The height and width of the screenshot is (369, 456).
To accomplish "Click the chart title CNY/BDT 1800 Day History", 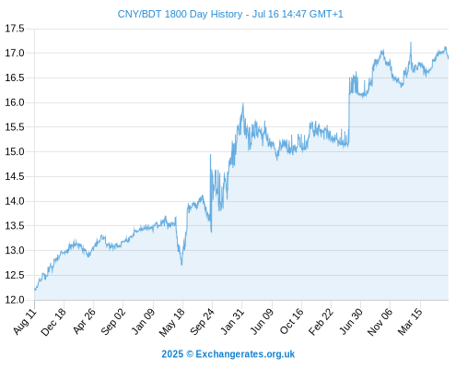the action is [180, 14].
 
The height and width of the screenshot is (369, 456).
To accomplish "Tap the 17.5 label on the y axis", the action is [15, 29].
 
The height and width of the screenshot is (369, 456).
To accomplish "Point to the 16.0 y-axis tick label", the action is [15, 102].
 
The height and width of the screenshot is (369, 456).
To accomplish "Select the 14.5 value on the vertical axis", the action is [15, 176].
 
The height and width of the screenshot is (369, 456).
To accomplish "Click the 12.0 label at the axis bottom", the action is [15, 300].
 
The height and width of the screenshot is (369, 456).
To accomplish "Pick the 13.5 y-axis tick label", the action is [15, 226].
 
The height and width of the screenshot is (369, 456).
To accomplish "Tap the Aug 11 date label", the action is [25, 321].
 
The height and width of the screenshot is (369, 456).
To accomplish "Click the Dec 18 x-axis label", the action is [53, 322].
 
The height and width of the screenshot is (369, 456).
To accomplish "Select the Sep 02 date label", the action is [113, 322].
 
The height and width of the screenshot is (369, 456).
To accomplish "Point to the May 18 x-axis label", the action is [172, 322].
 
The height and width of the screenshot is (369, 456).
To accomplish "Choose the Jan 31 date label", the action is [232, 321].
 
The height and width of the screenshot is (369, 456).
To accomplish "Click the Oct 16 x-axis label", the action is [292, 321].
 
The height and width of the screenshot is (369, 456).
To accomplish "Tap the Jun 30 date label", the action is [351, 321].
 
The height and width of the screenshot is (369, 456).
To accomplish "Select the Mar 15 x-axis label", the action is [410, 322].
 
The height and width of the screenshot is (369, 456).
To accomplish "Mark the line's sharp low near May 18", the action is [181, 265].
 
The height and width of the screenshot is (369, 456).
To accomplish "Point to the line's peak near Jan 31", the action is [243, 104].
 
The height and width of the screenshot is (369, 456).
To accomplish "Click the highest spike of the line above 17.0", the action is [411, 42].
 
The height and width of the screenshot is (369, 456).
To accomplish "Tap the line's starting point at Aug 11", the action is [35, 290].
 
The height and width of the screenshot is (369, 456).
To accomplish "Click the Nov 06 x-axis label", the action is [380, 322].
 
